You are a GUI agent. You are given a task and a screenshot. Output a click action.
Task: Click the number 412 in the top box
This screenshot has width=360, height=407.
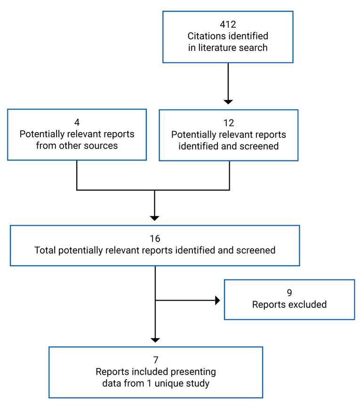click(228, 24)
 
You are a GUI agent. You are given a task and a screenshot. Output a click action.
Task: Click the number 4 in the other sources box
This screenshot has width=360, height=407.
click(77, 122)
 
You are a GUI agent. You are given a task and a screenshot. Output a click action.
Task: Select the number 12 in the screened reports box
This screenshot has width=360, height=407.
click(228, 123)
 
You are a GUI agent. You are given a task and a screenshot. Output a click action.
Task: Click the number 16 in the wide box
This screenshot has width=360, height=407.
click(155, 239)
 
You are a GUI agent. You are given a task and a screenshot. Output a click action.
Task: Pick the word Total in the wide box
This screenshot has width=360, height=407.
click(45, 250)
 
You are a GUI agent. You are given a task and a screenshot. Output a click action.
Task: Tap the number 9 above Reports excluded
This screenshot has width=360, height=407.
click(289, 293)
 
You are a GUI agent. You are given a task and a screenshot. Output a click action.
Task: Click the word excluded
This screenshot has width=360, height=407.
click(306, 304)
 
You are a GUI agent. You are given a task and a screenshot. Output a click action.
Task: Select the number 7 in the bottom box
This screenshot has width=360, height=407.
click(155, 360)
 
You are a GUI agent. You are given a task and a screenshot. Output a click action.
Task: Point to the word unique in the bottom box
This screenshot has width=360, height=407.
click(168, 383)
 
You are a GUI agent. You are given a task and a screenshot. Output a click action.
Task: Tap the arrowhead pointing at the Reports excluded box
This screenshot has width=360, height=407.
click(217, 300)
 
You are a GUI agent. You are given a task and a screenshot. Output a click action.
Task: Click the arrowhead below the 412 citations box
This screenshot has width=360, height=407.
click(228, 101)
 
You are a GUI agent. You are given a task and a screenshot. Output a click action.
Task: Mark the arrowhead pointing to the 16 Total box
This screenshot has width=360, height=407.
click(155, 218)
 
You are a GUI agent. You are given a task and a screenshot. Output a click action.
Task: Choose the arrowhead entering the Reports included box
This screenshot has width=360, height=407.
click(155, 340)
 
